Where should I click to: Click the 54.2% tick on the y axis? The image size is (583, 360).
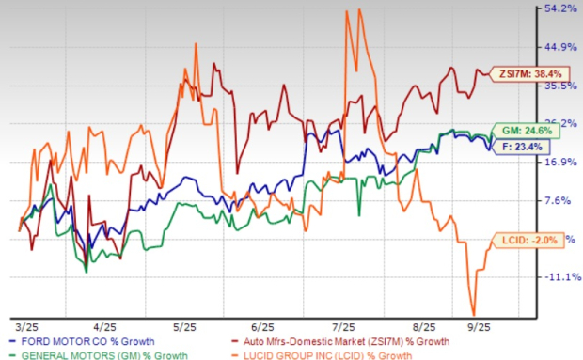coord(555,8)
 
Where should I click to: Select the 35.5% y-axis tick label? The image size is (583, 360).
coord(555,86)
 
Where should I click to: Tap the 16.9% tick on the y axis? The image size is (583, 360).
coord(555,162)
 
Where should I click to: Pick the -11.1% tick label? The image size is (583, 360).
coord(555,277)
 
